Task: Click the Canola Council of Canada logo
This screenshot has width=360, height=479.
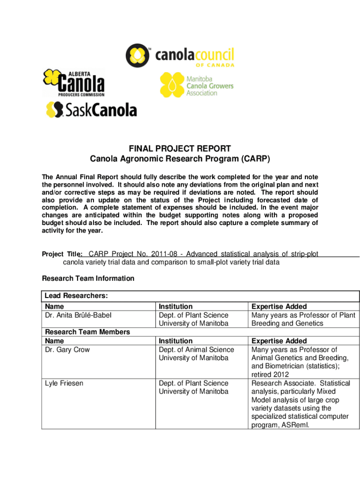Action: click(180, 56)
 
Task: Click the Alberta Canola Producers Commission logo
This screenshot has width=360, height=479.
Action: click(74, 82)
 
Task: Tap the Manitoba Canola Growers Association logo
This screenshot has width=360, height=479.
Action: click(196, 85)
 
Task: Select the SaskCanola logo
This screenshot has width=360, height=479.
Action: click(91, 110)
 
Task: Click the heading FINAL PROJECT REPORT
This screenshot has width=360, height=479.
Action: click(180, 149)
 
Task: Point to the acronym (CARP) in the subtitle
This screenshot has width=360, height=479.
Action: click(255, 160)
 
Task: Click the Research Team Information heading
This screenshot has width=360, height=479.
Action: click(88, 278)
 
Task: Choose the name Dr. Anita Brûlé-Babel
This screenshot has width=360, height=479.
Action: click(78, 315)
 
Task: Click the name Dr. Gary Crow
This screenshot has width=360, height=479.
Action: click(67, 349)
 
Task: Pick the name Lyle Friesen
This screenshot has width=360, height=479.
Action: click(64, 383)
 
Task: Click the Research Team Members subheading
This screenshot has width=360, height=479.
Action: click(87, 332)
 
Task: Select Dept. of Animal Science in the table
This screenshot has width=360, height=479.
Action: click(196, 349)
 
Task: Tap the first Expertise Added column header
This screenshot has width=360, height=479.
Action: click(279, 307)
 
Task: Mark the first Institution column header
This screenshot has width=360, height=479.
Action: click(175, 307)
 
